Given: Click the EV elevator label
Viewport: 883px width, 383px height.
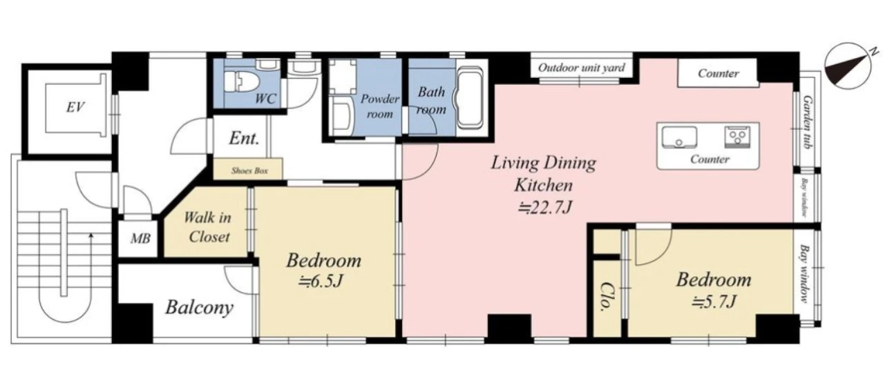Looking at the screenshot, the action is [x=75, y=107].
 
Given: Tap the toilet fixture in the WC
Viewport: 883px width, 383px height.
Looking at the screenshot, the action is [x=241, y=83].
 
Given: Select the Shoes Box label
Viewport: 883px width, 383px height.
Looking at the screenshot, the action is [x=249, y=171].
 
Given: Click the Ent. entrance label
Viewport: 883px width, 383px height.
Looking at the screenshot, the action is [x=244, y=138].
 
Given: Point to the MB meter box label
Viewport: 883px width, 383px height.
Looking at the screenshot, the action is [x=140, y=239].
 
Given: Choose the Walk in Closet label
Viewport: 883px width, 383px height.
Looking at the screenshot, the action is [x=208, y=227].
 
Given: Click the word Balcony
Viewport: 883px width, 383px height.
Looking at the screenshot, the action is [x=200, y=307].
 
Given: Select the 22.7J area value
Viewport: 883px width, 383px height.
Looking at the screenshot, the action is [x=544, y=208].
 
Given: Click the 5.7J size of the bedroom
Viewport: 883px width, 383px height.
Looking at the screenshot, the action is [x=714, y=302].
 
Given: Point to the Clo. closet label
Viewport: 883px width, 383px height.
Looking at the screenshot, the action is [x=606, y=297].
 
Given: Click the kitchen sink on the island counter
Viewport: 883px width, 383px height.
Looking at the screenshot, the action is [x=678, y=137].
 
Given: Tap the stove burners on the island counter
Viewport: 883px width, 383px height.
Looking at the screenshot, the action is [x=737, y=137].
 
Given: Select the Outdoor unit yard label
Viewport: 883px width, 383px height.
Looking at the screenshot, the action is [x=582, y=68].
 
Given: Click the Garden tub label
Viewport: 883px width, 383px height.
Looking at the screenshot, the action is [x=807, y=122].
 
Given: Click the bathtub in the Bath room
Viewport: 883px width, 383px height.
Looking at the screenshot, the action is [x=469, y=99].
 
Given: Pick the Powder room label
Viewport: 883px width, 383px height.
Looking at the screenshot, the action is [x=379, y=106].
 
